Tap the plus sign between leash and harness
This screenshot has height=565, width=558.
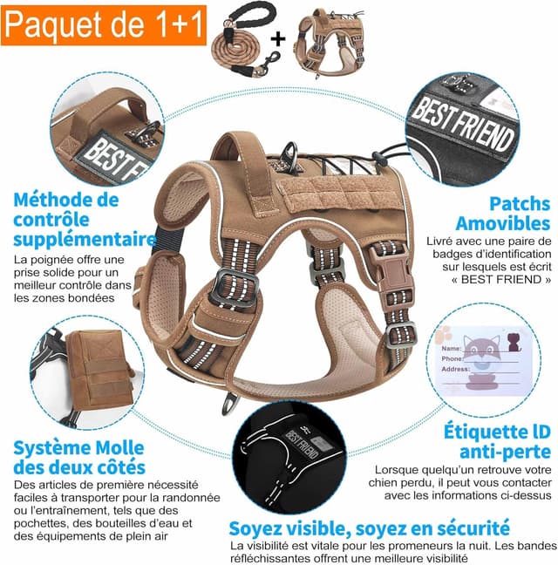tap(280, 39)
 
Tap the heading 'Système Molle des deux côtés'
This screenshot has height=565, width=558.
tap(78, 459)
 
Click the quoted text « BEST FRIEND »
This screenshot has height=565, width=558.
tap(489, 280)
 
